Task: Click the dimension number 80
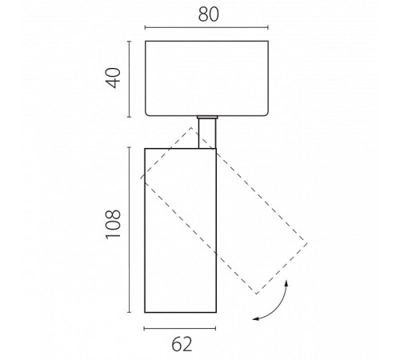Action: coord(209,14)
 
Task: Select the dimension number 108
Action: coord(113,224)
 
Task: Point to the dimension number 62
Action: coord(182,344)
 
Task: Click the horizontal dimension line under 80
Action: coord(206,27)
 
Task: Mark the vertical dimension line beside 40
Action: coord(130,79)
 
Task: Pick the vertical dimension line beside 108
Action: coord(130,230)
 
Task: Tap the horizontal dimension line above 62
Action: coord(180,329)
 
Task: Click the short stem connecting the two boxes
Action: coord(207,133)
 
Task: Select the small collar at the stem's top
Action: coord(207,117)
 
